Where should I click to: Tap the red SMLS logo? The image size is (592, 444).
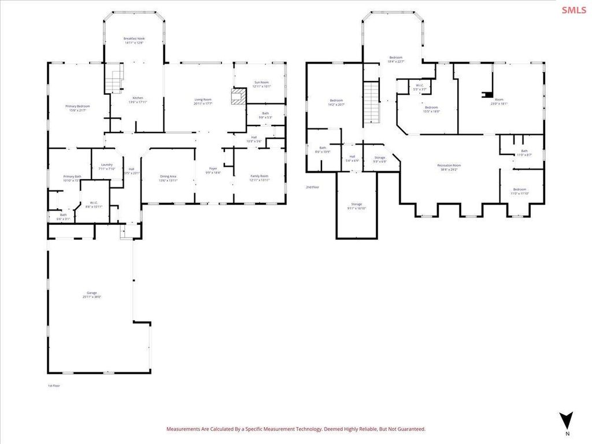pyautogui.click(x=573, y=10)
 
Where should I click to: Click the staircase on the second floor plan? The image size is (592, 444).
pyautogui.click(x=372, y=102)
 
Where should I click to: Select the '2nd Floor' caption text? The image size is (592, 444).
pyautogui.click(x=312, y=187)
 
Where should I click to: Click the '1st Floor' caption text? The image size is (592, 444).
pyautogui.click(x=54, y=386)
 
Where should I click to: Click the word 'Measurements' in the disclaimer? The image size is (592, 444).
pyautogui.click(x=183, y=429)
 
